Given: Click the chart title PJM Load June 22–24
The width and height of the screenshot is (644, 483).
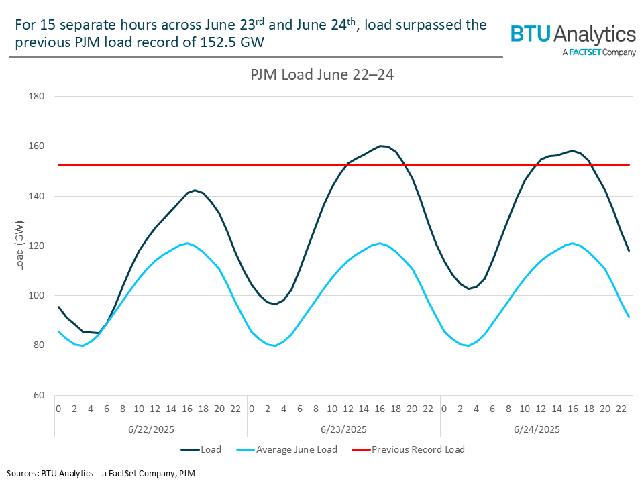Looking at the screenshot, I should click(x=318, y=74).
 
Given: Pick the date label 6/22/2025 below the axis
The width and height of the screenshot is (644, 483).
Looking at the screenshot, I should click(x=151, y=429).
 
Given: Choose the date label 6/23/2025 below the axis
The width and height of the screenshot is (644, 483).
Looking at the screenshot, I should click(x=343, y=429).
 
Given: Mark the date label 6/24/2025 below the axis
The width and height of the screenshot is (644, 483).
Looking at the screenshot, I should click(x=537, y=429).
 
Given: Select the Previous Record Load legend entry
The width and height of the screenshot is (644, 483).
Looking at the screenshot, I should click(x=418, y=449).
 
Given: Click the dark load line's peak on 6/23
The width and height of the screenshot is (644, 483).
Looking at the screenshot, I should click(x=380, y=146).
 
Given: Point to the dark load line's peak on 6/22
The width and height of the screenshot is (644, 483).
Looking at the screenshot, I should click(x=195, y=191).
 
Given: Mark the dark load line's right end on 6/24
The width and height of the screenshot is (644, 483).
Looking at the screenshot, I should click(x=629, y=251).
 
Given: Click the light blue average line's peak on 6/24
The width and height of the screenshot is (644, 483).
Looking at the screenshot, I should click(x=572, y=243).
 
